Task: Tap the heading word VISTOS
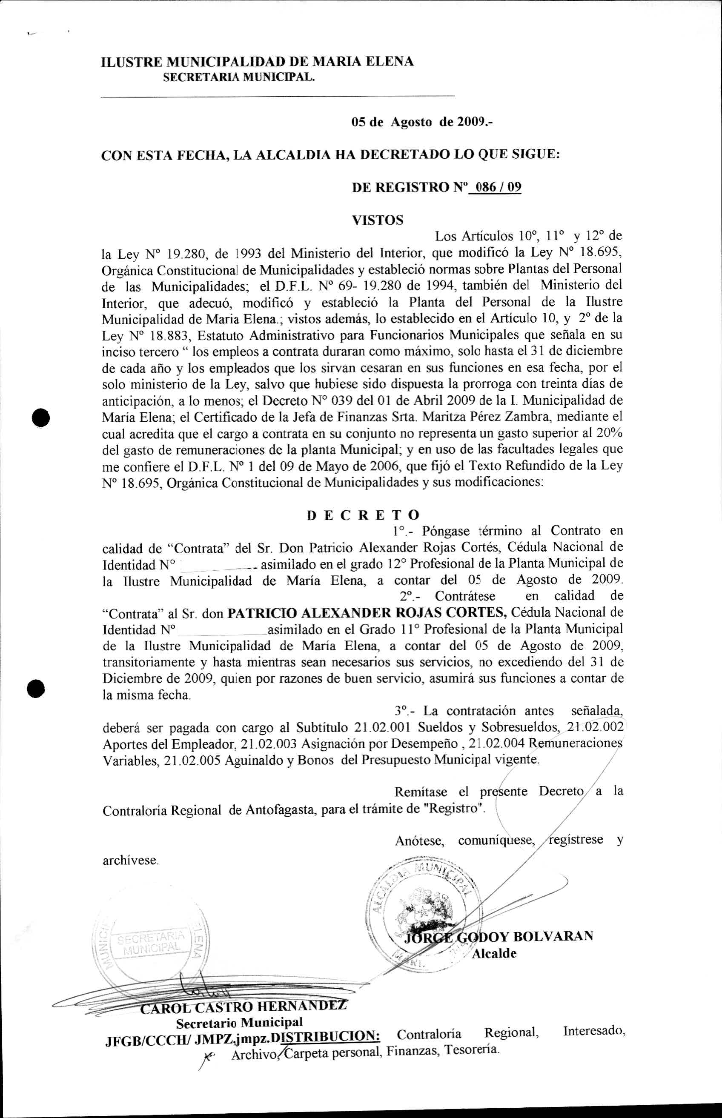[378, 220]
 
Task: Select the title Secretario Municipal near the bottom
[239, 1022]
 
